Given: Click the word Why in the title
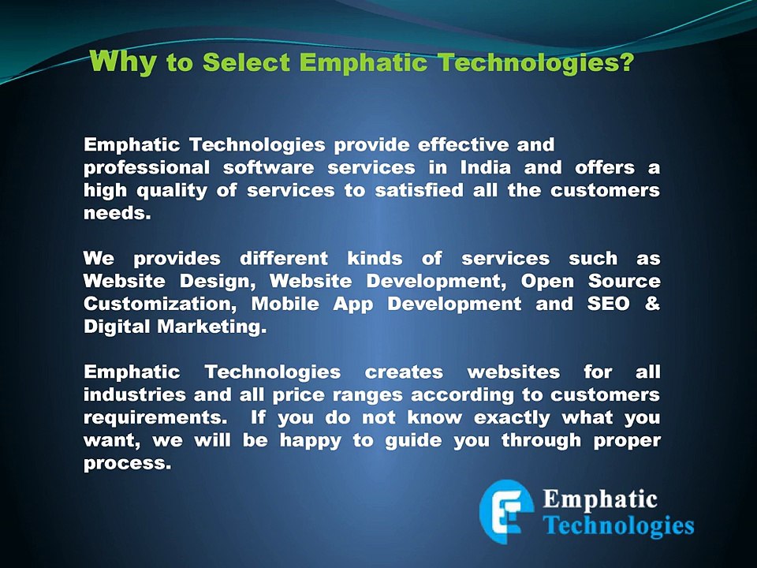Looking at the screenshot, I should [x=124, y=62].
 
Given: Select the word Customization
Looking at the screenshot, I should [x=158, y=305].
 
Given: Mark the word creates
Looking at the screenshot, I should [x=404, y=372].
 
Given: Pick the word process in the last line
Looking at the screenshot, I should [x=125, y=463].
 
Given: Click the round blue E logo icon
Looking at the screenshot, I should [x=506, y=510].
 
